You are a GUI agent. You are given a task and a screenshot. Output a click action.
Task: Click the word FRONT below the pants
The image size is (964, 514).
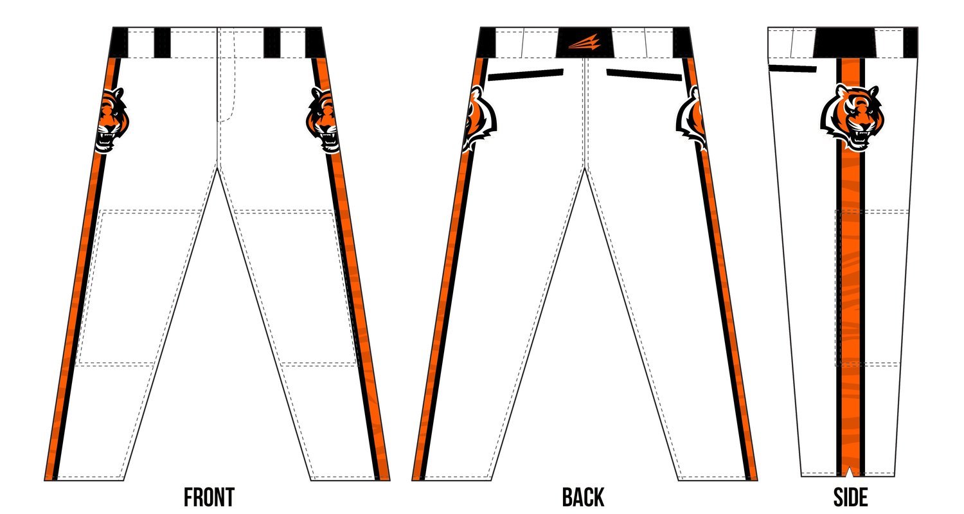pyautogui.click(x=209, y=497)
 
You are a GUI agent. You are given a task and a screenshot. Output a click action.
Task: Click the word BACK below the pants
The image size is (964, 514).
pyautogui.click(x=583, y=497)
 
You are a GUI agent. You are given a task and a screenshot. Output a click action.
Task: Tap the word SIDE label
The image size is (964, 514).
pyautogui.click(x=850, y=497)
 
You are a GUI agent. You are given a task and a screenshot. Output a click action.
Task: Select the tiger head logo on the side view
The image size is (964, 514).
pyautogui.click(x=850, y=117)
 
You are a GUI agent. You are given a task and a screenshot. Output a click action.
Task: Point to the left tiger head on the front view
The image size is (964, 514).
pyautogui.click(x=112, y=120)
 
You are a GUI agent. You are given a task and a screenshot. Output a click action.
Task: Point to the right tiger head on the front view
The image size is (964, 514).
pyautogui.click(x=323, y=120)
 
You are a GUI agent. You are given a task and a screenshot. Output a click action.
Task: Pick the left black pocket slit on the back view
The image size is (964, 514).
pyautogui.click(x=526, y=74)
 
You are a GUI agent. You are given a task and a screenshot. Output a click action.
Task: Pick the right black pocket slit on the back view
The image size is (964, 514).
pyautogui.click(x=644, y=74)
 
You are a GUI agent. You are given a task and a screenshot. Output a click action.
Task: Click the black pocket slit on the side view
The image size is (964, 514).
pyautogui.click(x=792, y=68)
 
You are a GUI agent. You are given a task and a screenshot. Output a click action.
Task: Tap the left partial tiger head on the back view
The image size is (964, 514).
pyautogui.click(x=478, y=119)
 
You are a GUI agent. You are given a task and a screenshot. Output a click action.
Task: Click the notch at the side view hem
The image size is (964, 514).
pyautogui.click(x=850, y=472)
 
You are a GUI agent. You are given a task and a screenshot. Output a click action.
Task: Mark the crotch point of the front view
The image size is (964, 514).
pyautogui.click(x=220, y=168)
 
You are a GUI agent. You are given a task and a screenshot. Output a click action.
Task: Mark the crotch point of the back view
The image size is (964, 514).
pyautogui.click(x=584, y=168)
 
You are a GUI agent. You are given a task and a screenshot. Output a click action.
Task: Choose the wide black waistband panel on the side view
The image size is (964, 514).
pyautogui.click(x=844, y=42)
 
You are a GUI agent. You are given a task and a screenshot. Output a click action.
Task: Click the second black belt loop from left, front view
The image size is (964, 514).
pyautogui.click(x=162, y=42)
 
